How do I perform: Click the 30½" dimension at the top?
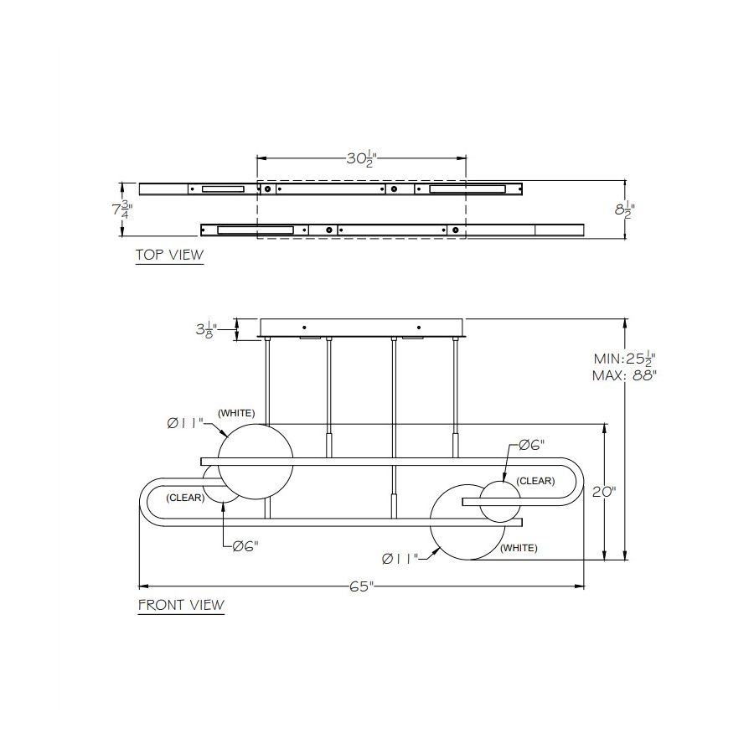(360, 158)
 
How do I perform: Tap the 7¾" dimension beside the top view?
(122, 209)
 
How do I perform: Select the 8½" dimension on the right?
(625, 210)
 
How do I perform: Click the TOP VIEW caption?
(170, 255)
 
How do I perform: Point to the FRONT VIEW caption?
(181, 604)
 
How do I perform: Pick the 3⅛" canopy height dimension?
(206, 329)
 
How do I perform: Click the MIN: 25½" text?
(625, 359)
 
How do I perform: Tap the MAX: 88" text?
(624, 375)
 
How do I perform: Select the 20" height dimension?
(604, 492)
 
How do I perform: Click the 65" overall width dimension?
(362, 586)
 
